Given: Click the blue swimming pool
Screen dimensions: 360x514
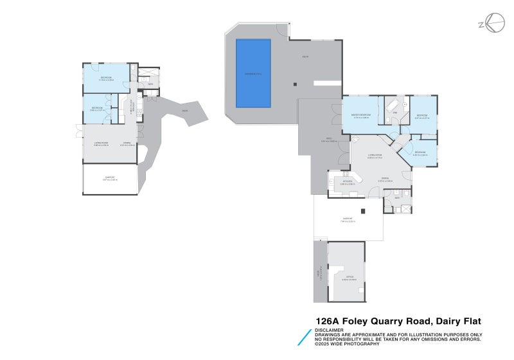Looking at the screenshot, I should click(253, 73).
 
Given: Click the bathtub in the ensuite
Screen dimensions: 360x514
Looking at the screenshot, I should click(391, 105).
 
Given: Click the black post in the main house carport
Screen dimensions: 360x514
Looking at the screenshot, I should click(364, 211).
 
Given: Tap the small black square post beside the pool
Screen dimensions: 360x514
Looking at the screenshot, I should click(295, 83).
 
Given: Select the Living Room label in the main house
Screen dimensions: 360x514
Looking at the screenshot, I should click(375, 156).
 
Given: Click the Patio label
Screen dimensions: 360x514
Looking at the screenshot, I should click(325, 140).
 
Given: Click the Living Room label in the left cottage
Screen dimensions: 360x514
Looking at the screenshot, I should click(102, 143).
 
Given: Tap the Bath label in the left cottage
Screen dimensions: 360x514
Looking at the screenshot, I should click(150, 84).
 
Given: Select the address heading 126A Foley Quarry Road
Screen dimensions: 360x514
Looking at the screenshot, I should click(398, 321).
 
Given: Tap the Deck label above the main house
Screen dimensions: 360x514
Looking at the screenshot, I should click(306, 57).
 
